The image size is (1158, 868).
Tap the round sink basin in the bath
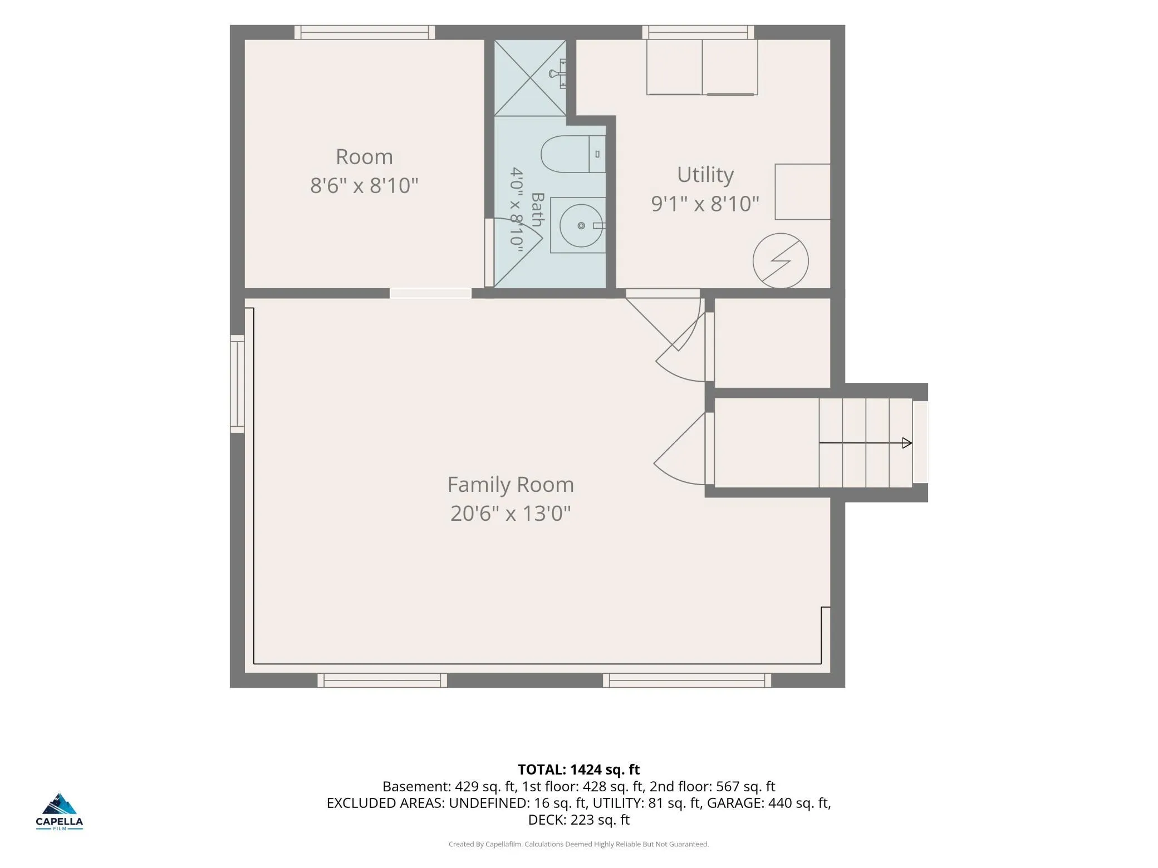pos(581,225)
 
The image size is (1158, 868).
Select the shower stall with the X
pos(530,77)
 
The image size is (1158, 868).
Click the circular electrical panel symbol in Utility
pos(781,260)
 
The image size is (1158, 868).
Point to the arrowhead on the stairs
pos(907,443)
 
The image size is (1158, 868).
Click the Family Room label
pos(511,484)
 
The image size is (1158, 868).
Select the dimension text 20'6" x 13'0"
pos(511,513)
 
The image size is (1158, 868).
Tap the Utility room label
pos(705,175)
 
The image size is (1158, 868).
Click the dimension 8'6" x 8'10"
pos(364,185)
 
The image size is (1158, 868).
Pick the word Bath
pos(537,209)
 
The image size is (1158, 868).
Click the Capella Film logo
pos(60,811)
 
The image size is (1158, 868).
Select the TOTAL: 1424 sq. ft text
pos(579,770)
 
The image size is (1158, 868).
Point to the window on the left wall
pos(238,384)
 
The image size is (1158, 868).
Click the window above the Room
pos(365,32)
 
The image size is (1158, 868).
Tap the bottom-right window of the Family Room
pos(687,680)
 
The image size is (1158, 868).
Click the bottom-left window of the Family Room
pos(382,680)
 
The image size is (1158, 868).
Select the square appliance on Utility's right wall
pos(803,191)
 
